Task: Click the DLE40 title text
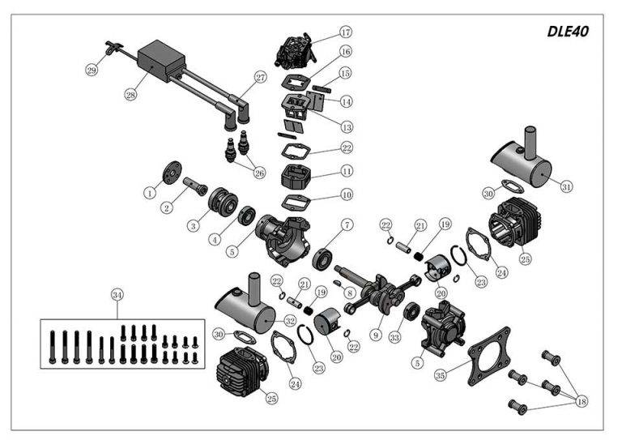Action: click(x=567, y=32)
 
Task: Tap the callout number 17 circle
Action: click(x=345, y=33)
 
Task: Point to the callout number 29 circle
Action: click(x=92, y=70)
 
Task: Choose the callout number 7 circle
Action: click(x=346, y=224)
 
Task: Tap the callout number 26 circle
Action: click(x=259, y=172)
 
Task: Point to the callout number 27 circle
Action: click(x=260, y=78)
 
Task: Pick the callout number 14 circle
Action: click(x=346, y=101)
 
